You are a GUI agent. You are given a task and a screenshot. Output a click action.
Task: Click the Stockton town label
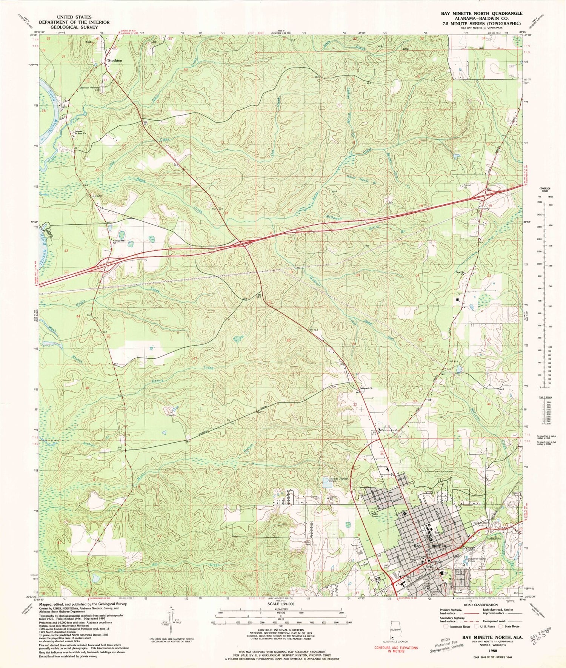115,60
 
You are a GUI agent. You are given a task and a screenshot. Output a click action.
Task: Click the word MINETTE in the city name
439,546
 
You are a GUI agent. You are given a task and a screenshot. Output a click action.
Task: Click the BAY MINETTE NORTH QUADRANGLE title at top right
481,13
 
